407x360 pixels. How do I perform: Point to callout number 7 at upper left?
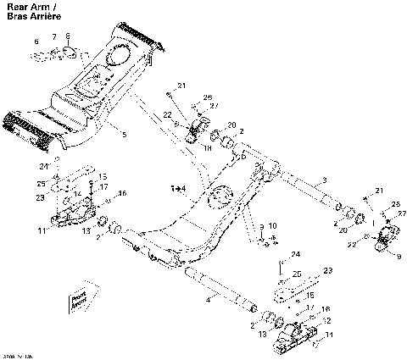tap(54, 37)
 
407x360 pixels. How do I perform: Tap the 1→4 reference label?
tap(177, 186)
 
